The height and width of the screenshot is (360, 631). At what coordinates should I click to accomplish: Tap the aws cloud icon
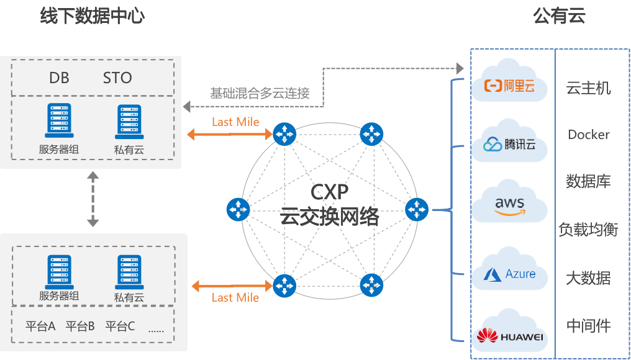tap(509, 204)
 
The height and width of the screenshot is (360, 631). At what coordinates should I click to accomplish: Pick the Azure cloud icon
tap(509, 272)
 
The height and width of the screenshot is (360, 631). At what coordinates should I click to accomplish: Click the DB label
tap(59, 78)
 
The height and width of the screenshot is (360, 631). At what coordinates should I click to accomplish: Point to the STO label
tap(117, 78)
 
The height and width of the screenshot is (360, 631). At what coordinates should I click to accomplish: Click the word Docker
tap(588, 135)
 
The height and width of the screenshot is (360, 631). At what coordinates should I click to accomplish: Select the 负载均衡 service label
tap(588, 230)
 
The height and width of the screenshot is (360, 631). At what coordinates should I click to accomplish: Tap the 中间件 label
tap(588, 325)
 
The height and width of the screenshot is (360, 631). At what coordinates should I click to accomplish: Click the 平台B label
tap(80, 326)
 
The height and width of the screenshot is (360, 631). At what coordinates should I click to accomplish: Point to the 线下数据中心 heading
tap(92, 16)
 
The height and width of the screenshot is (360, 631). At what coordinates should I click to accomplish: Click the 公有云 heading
tap(559, 16)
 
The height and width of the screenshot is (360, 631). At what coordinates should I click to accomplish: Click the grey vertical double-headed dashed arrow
tap(93, 200)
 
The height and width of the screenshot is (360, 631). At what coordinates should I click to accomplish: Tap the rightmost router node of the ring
tap(417, 210)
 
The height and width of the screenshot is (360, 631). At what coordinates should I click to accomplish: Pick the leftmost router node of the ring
tap(238, 210)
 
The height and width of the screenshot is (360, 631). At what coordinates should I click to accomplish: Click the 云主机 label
tap(588, 88)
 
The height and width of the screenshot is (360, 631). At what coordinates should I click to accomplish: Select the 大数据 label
tap(588, 277)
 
